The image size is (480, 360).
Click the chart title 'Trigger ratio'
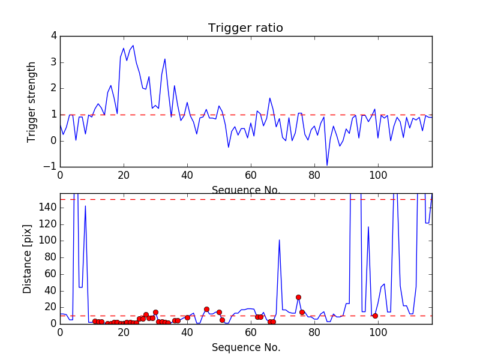tap(245, 28)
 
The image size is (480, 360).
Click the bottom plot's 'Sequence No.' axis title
tap(245, 347)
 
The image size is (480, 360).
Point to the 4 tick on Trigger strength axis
tap(53, 36)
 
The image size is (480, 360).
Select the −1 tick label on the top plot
tap(52, 167)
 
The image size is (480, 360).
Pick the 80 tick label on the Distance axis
tap(51, 257)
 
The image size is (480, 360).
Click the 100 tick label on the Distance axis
tap(49, 241)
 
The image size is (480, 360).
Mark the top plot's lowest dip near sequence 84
tap(327, 165)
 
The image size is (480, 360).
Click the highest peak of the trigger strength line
tap(133, 46)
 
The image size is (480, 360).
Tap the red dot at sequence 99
tap(375, 316)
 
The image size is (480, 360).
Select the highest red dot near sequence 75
tap(298, 297)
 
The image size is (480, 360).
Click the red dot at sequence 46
tap(206, 309)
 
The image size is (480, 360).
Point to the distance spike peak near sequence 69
tap(279, 240)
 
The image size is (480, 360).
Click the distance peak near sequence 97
tap(368, 227)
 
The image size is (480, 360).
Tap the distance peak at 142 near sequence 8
tap(85, 206)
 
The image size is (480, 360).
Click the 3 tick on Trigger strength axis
tap(53, 62)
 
